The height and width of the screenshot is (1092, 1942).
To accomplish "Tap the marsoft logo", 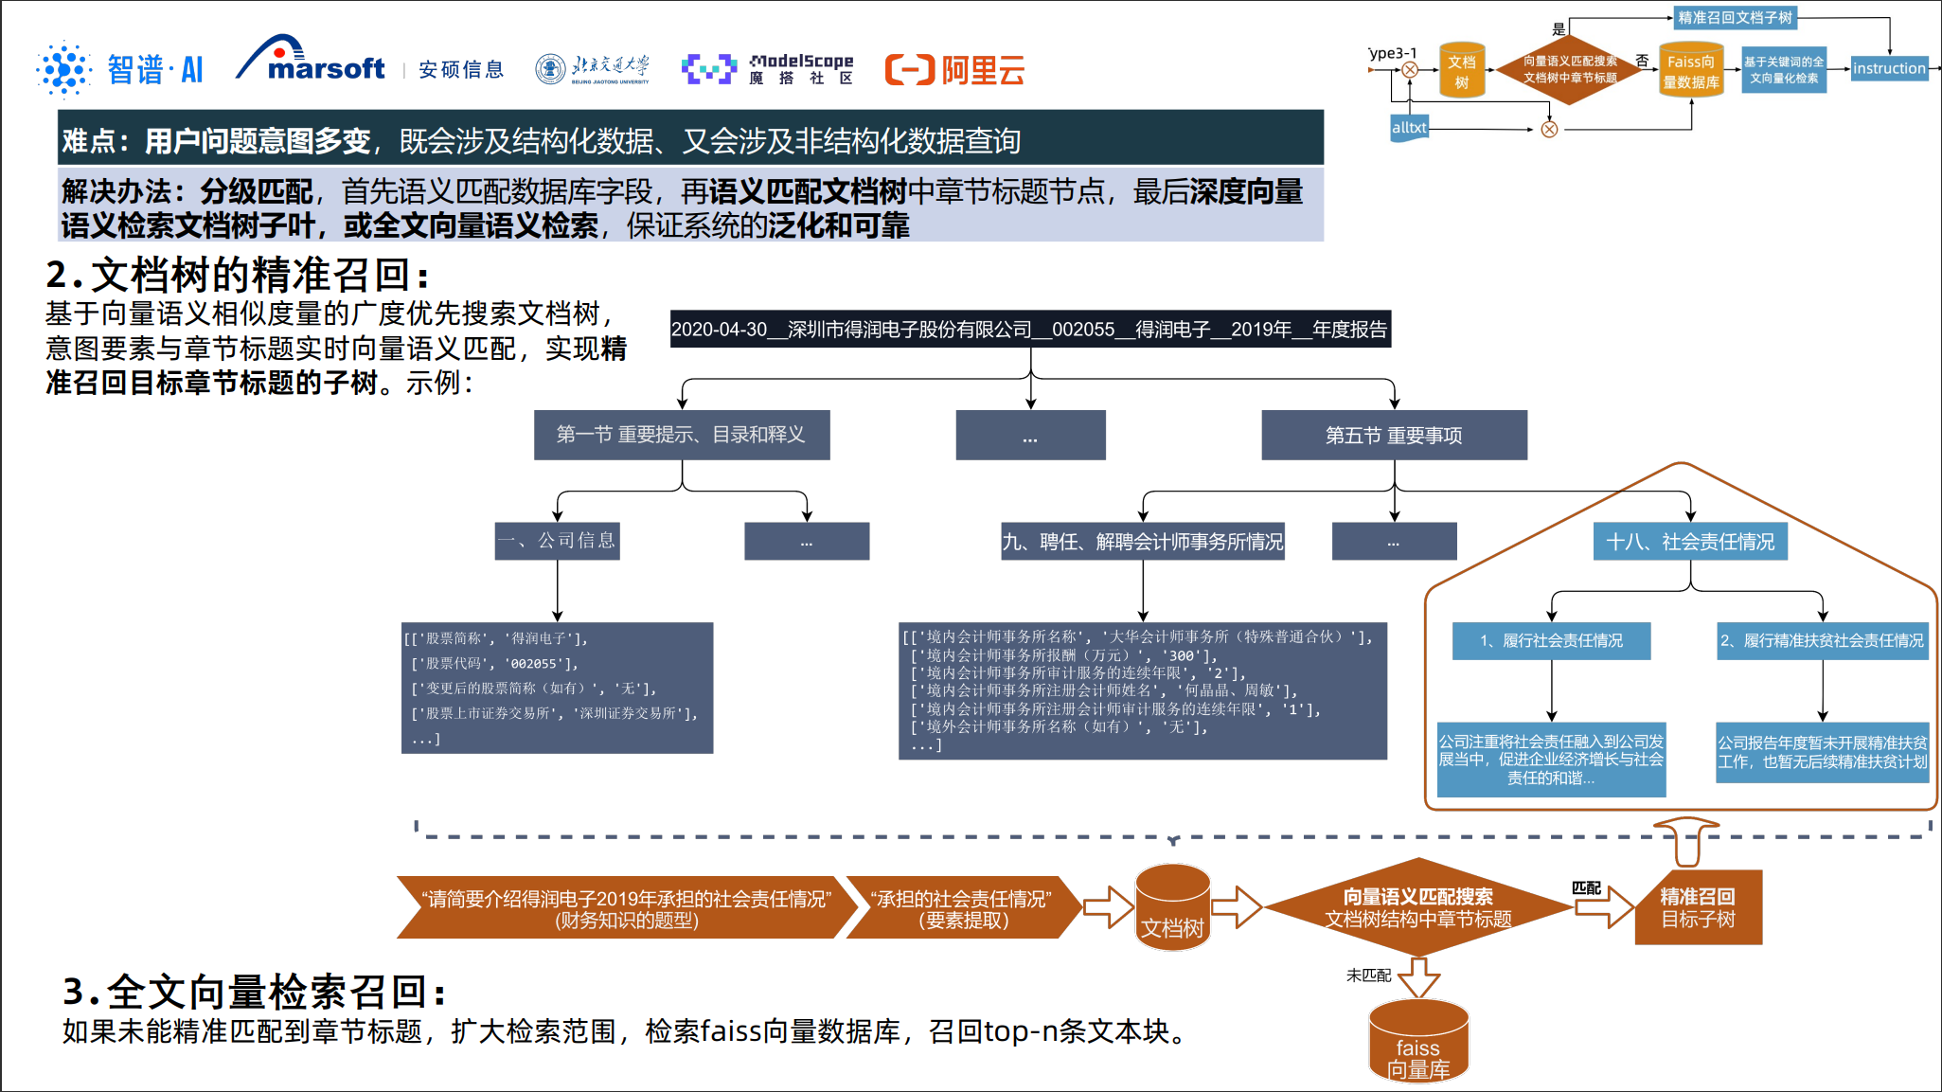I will (312, 63).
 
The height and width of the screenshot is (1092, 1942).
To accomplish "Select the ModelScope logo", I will (768, 69).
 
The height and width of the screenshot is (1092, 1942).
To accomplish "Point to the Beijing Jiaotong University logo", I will (593, 69).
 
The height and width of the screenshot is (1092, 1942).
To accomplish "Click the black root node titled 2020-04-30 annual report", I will (1030, 330).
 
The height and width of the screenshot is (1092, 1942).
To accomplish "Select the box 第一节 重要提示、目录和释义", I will (682, 435).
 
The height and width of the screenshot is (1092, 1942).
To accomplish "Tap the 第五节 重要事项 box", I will (1394, 436).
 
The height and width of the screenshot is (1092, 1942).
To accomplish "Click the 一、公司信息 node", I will (557, 541).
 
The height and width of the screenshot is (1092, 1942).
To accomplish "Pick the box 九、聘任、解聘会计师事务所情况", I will (1143, 542).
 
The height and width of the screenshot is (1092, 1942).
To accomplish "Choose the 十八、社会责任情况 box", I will (1690, 542).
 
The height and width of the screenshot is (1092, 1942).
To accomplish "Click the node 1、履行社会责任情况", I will (1551, 641).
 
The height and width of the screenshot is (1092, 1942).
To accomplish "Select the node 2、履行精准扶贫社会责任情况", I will (1823, 641).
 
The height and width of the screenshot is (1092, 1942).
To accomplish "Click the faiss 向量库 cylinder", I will (1418, 1043).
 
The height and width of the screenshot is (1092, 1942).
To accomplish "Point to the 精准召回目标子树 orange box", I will (1698, 907).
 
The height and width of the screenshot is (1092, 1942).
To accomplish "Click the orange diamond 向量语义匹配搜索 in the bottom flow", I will (1417, 907).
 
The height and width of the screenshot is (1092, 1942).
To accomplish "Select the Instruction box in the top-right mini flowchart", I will (1889, 68).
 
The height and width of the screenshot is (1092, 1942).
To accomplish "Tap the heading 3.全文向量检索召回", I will (254, 992).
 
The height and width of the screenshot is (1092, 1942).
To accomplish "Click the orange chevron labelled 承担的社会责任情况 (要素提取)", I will (962, 908).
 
